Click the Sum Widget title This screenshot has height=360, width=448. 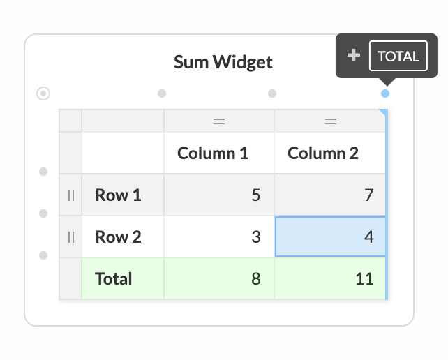tap(223, 62)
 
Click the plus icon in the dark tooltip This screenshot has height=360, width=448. tap(354, 55)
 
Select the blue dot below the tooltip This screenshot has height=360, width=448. tap(385, 93)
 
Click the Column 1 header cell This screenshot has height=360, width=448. tap(219, 153)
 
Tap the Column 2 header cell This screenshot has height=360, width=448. tap(329, 153)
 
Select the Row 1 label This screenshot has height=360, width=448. tap(118, 195)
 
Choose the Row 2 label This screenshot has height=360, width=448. tap(118, 237)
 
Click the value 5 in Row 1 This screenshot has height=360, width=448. tap(256, 195)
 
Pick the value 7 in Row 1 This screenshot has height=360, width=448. tap(369, 195)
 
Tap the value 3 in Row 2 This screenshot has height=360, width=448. tap(256, 237)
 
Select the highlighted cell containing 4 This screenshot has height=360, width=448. tap(330, 237)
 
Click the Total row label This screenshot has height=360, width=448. tap(114, 278)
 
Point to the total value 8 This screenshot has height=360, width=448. tap(256, 278)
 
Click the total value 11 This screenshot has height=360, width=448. tap(364, 278)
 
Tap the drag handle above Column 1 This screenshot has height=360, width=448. tap(219, 121)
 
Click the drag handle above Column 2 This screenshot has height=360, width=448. tap(331, 121)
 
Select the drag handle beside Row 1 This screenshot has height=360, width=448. tap(71, 195)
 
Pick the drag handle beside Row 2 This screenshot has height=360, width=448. tap(71, 237)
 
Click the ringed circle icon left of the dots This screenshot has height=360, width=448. tap(43, 93)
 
